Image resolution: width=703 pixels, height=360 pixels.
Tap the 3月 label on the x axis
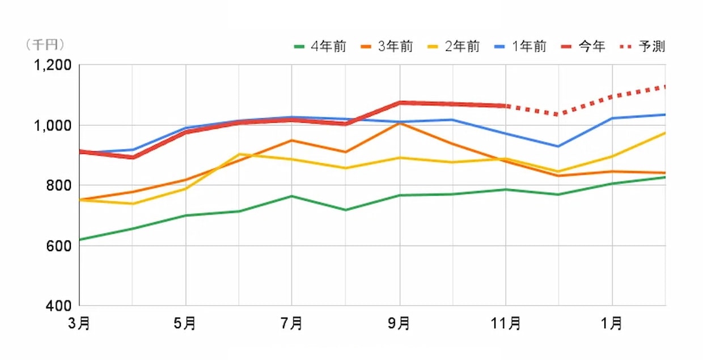pyautogui.click(x=79, y=324)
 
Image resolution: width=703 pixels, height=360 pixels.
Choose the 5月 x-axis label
pyautogui.click(x=185, y=324)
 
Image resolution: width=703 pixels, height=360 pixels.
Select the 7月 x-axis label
pyautogui.click(x=291, y=324)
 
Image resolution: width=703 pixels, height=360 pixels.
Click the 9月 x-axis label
pyautogui.click(x=400, y=324)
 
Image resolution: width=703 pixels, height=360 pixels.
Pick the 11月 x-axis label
pyautogui.click(x=506, y=324)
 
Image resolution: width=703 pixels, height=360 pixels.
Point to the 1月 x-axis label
pyautogui.click(x=612, y=324)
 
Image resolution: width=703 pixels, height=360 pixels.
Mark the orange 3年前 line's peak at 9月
pyautogui.click(x=400, y=122)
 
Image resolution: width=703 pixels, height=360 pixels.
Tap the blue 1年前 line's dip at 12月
pyautogui.click(x=558, y=146)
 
